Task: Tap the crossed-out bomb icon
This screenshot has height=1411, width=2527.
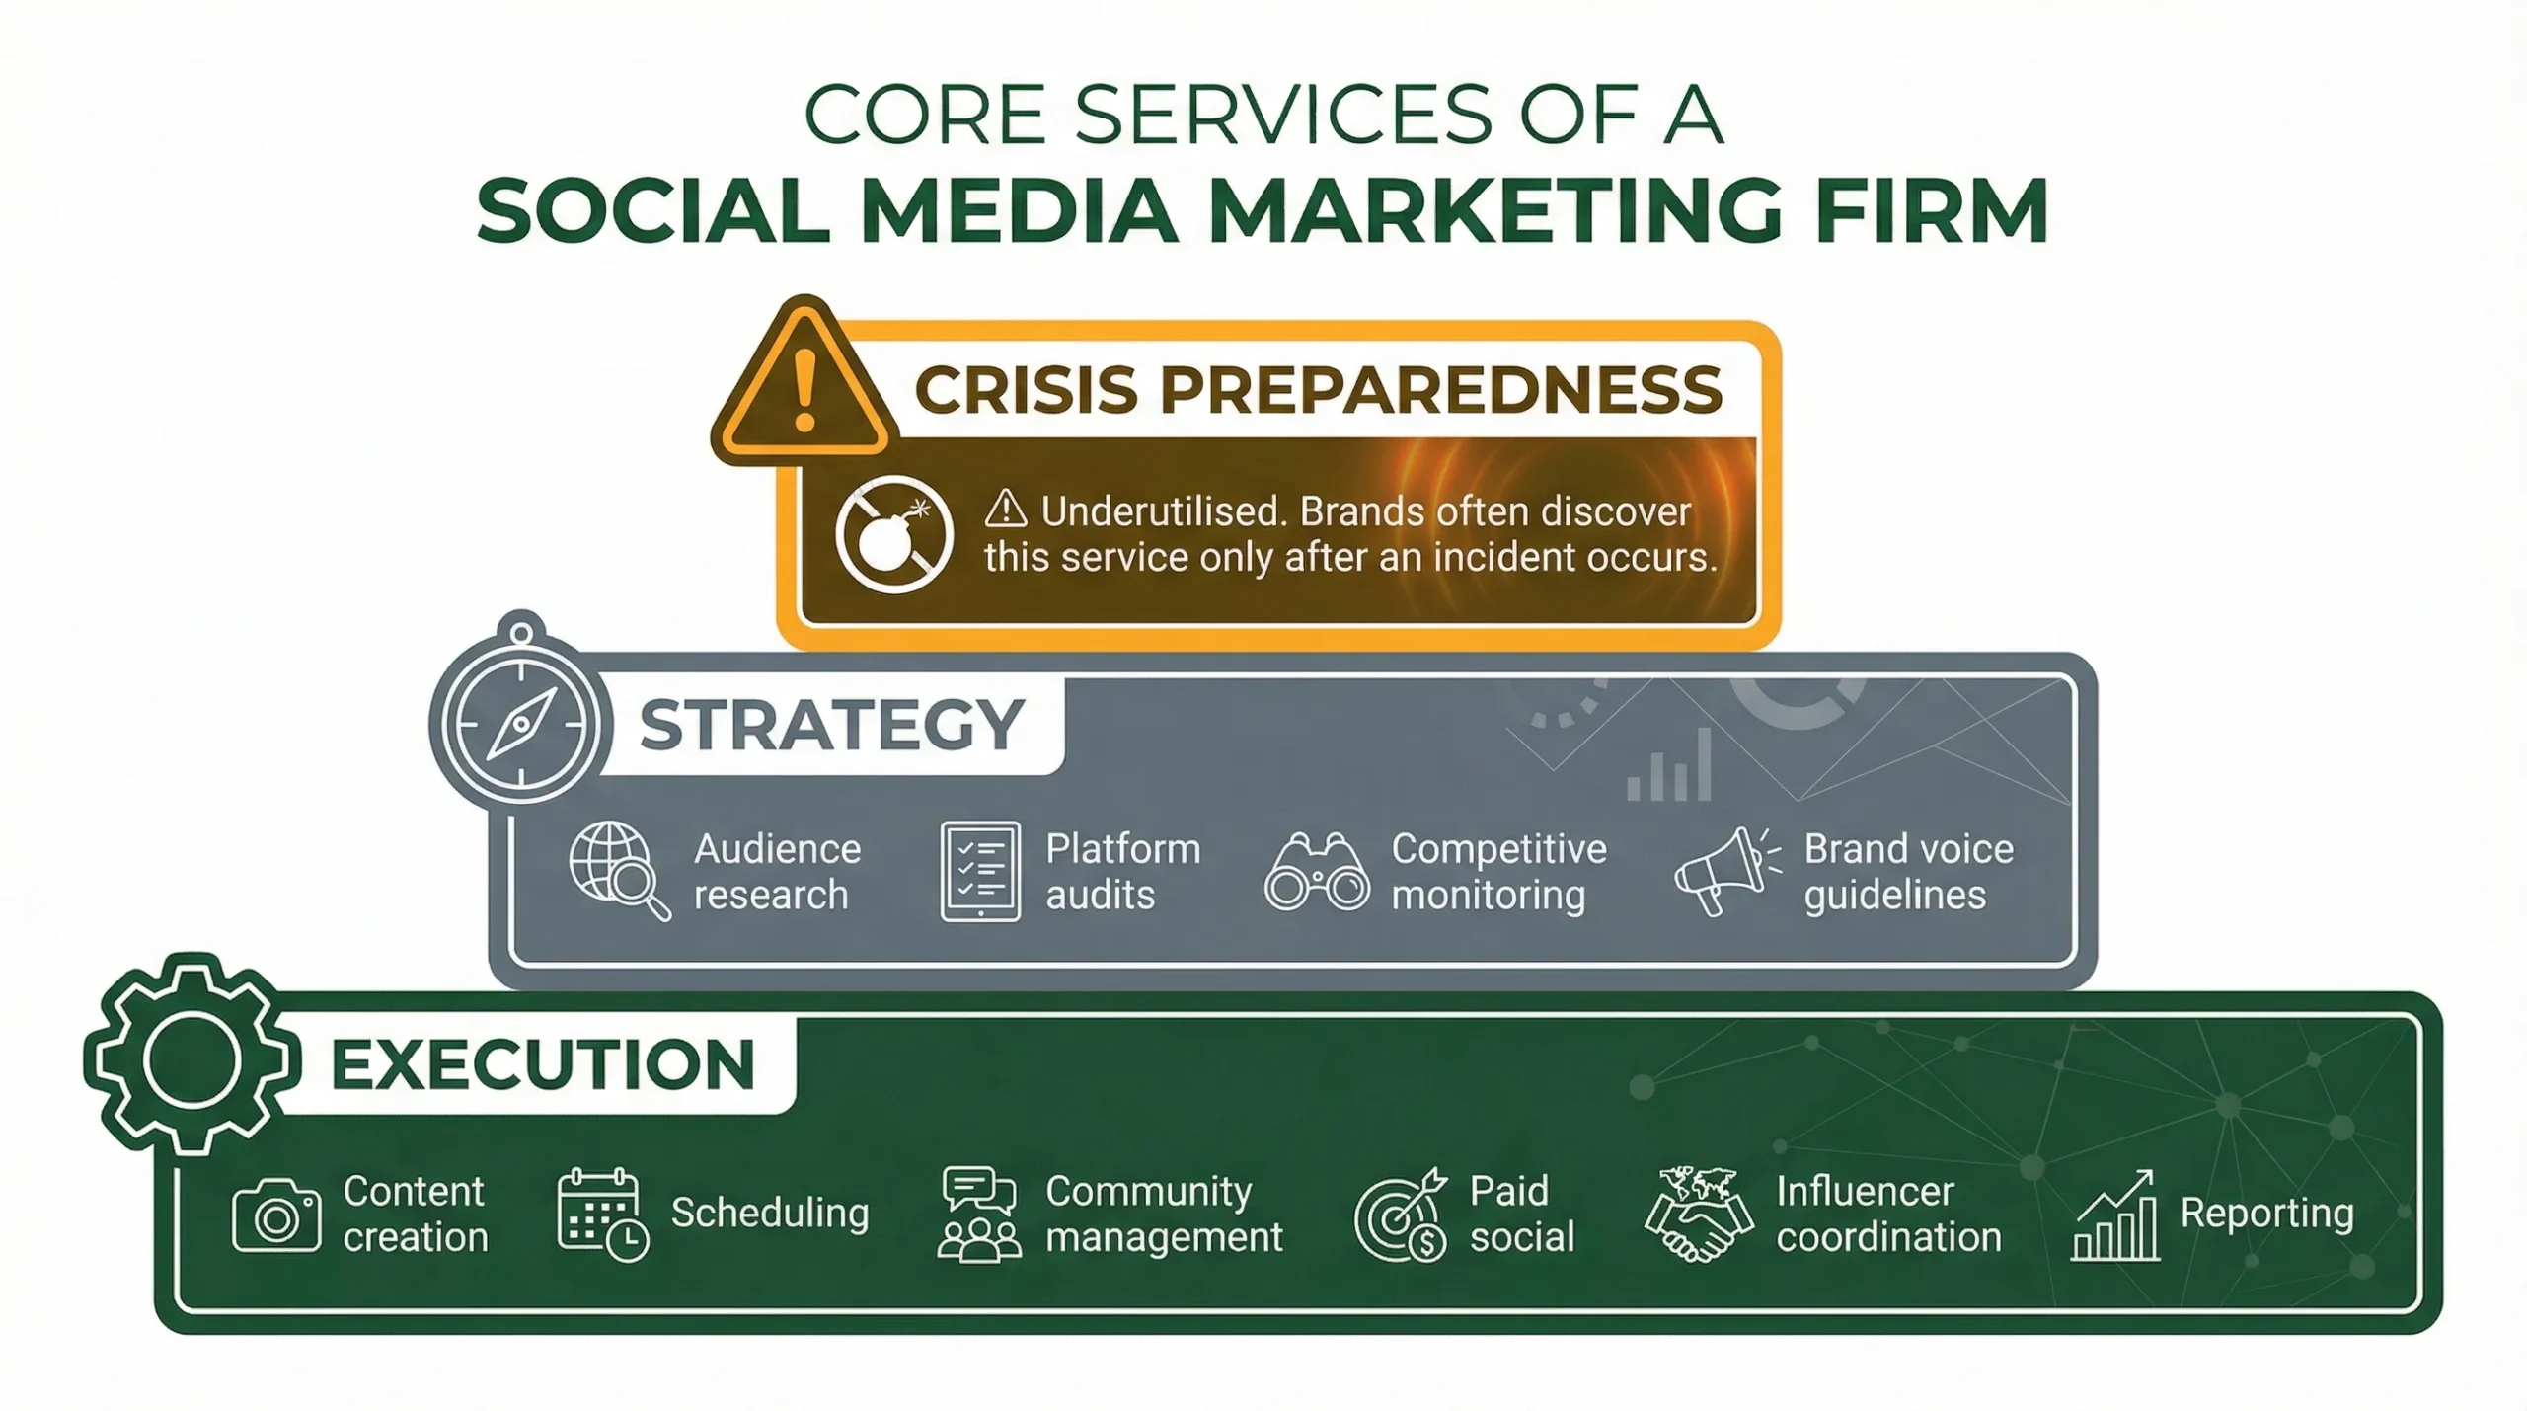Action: click(x=893, y=534)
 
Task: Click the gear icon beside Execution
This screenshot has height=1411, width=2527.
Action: click(x=191, y=1058)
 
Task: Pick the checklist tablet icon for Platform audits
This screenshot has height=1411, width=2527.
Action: click(x=980, y=871)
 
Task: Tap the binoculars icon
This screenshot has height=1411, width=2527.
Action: click(x=1317, y=872)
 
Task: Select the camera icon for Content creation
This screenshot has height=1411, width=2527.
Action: click(x=276, y=1215)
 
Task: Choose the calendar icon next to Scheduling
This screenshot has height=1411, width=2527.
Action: click(x=601, y=1215)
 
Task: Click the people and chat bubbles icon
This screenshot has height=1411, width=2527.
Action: click(x=978, y=1215)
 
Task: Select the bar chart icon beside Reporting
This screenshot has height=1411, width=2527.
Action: click(x=2115, y=1216)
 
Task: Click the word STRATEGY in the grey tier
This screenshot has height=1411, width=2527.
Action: click(x=831, y=725)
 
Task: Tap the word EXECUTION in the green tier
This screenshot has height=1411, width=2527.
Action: click(x=543, y=1064)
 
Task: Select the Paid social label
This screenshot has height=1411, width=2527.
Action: click(x=1521, y=1215)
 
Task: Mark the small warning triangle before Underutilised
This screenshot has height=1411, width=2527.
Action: click(x=1006, y=510)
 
